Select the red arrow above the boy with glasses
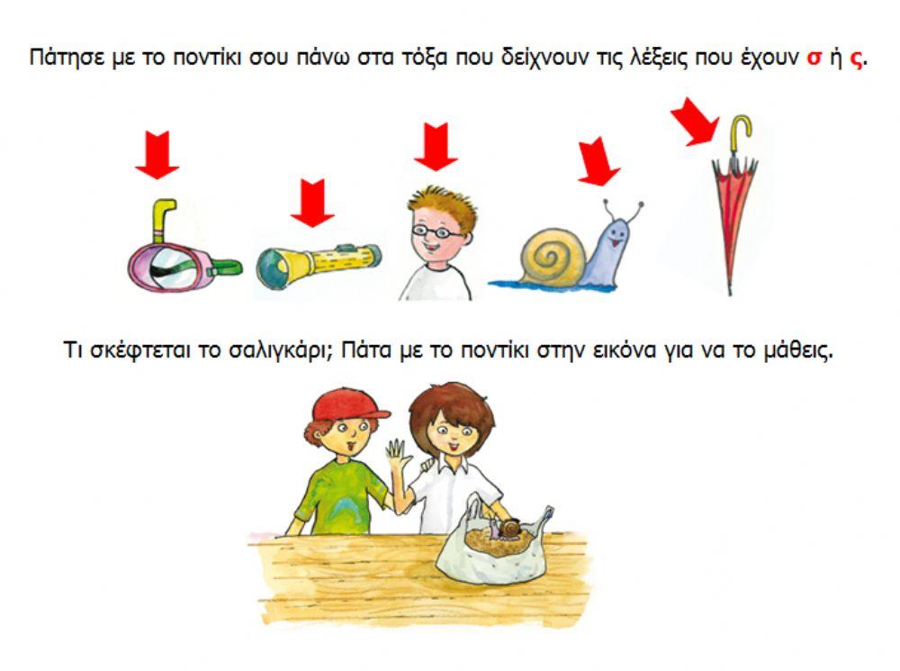(436, 147)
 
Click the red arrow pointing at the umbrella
(695, 122)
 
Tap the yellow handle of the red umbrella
(741, 135)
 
